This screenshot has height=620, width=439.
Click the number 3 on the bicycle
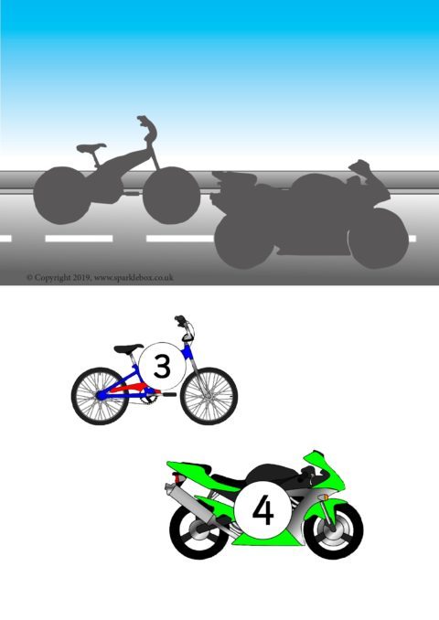pos(162,366)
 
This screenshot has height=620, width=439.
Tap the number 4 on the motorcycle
pos(263,511)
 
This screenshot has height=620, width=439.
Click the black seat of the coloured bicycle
pos(129,348)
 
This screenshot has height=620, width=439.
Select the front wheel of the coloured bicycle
pos(209,396)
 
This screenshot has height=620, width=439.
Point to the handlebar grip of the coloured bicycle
pos(180,319)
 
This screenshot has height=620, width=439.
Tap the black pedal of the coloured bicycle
pos(169,394)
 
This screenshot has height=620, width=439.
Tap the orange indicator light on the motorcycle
pos(326,497)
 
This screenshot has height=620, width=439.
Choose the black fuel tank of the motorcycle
pos(273,474)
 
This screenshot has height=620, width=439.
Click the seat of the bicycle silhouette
pos(91,147)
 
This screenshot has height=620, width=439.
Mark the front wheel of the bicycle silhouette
pos(172,196)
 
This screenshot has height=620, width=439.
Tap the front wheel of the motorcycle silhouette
pos(379,239)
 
